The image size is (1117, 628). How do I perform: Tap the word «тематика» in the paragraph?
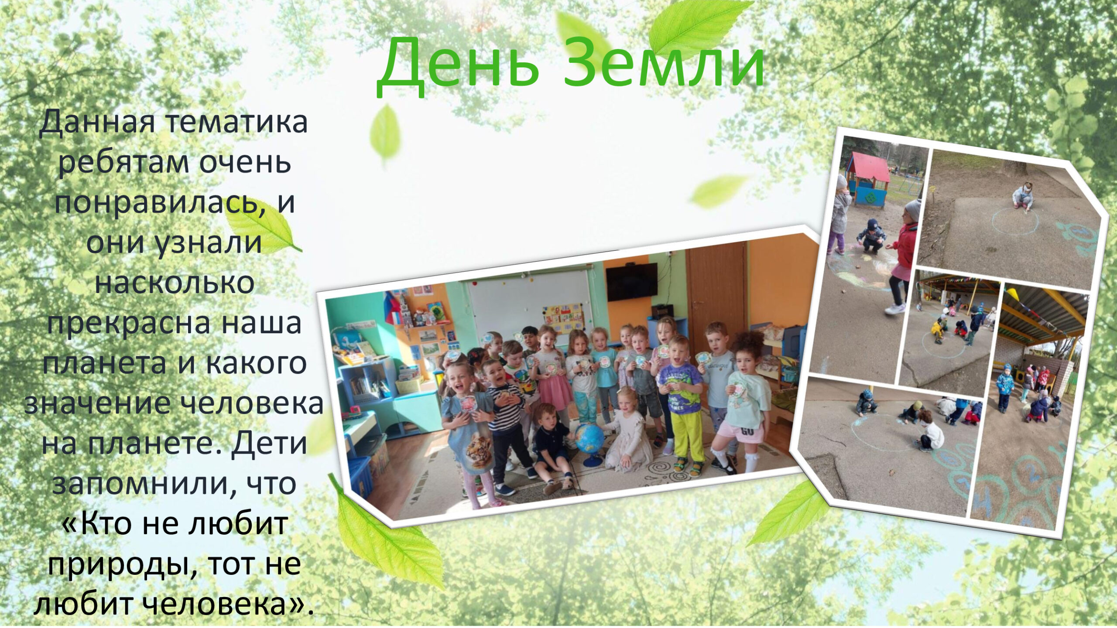tap(236, 122)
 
